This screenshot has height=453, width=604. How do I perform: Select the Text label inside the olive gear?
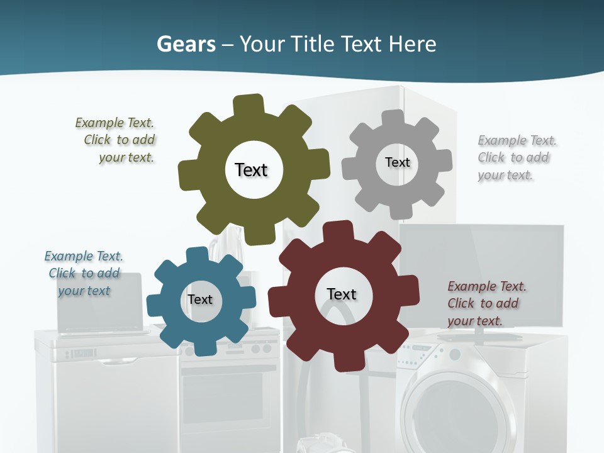click(x=251, y=170)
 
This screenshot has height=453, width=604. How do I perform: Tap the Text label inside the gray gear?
click(x=397, y=162)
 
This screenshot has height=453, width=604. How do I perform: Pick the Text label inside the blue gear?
click(x=199, y=299)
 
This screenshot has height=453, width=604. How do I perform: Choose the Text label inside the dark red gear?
click(x=342, y=294)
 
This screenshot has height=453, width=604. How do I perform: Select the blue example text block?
click(x=84, y=273)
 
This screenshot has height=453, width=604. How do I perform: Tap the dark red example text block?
click(x=484, y=303)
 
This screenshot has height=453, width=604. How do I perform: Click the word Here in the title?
click(x=412, y=44)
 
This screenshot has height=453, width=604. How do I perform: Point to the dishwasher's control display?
click(x=84, y=353)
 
